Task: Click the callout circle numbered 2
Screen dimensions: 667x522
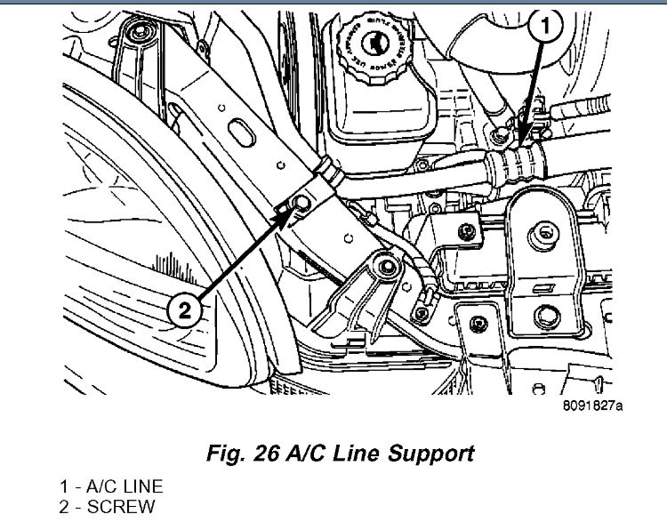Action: click(x=184, y=310)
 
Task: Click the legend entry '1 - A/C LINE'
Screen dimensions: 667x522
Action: click(x=112, y=486)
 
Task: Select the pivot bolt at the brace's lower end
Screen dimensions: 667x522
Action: click(x=383, y=263)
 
